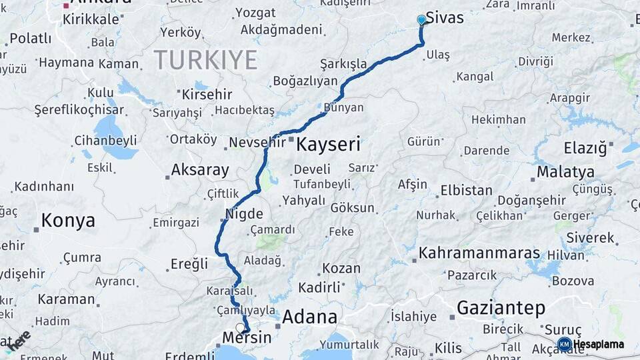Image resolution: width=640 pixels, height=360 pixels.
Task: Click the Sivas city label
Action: coord(445,18)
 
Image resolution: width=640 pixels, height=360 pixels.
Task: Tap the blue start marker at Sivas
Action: coord(421,20)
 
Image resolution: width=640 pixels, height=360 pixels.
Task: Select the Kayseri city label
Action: coord(328,143)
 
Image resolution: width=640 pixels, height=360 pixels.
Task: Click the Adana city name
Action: coord(309,317)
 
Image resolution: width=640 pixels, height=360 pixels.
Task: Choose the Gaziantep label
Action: coord(501,308)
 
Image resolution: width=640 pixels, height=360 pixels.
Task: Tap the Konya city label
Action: coord(68,220)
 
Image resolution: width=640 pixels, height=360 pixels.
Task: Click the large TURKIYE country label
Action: coord(205,60)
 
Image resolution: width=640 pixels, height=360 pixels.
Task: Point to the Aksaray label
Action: coord(200,169)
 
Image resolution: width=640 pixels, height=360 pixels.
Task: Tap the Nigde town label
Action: coord(245,215)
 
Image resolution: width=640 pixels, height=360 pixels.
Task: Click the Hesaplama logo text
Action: coord(599,344)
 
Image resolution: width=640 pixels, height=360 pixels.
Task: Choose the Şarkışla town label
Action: coord(343,64)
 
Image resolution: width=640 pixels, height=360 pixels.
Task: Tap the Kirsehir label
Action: coord(207,94)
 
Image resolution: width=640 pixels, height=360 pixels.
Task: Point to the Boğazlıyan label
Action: coord(305,81)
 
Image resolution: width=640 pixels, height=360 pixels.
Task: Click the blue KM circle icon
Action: coord(564,344)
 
